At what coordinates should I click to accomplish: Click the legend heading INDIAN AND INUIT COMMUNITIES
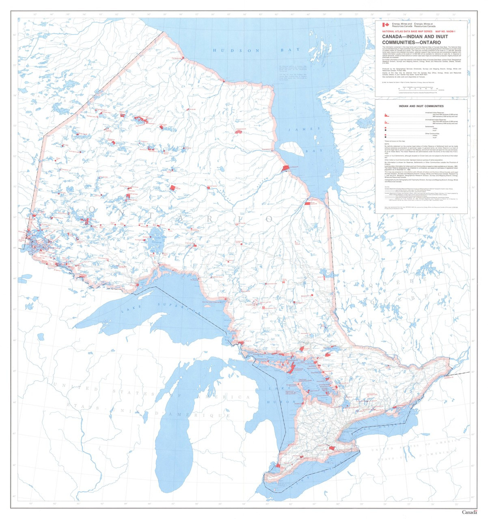click(x=421, y=106)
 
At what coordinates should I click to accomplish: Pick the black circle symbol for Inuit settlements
click(x=385, y=130)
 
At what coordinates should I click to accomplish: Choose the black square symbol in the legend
click(x=385, y=137)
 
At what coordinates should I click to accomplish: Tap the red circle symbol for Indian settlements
click(x=385, y=128)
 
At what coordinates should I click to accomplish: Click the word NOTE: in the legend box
click(x=387, y=144)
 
